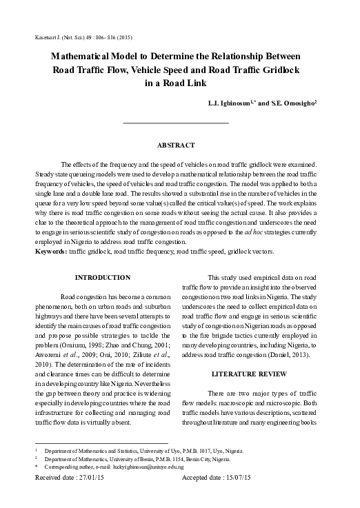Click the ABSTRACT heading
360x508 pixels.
(176, 145)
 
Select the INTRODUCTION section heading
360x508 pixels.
(101, 277)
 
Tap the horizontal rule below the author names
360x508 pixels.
(175, 123)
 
